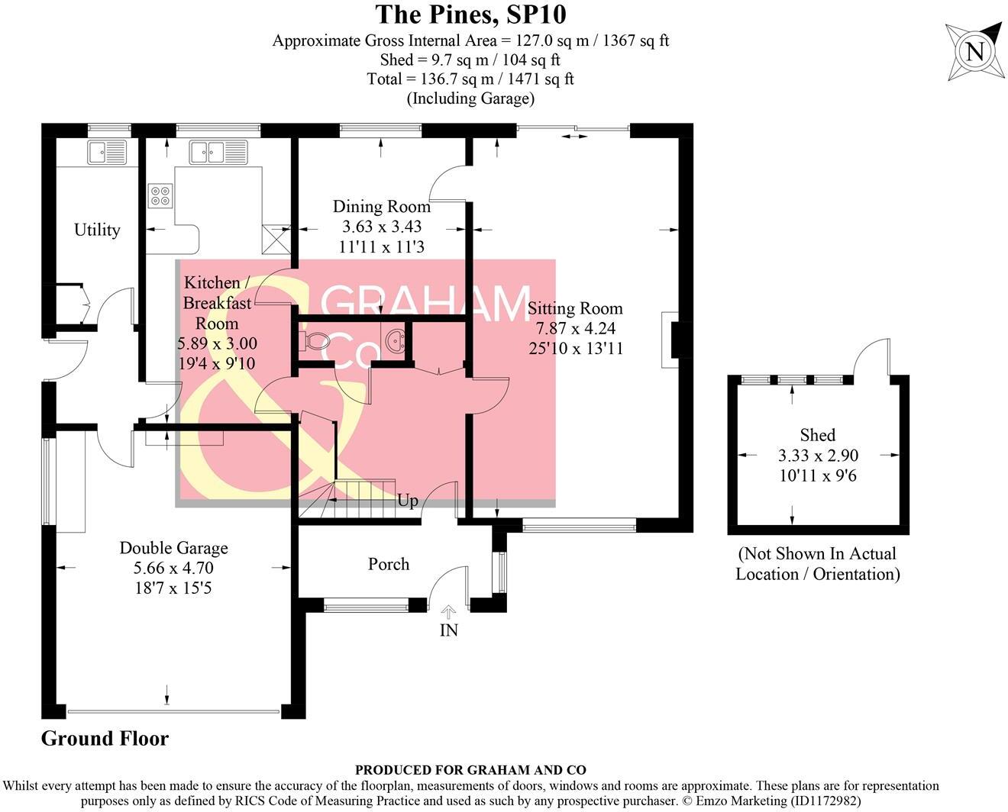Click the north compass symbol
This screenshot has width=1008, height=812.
[974, 52]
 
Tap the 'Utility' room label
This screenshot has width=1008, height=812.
[97, 230]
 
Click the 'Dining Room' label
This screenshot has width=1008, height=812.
[381, 206]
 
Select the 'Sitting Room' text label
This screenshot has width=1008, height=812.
[575, 308]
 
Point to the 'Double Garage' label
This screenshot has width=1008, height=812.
[173, 548]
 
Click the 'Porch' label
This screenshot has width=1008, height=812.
[389, 564]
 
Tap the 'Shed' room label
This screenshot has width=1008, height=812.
[817, 435]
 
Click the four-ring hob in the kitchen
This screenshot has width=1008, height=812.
[160, 196]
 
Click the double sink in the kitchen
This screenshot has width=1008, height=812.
[218, 152]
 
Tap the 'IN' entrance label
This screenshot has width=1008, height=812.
[449, 630]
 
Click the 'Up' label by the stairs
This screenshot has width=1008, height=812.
[408, 501]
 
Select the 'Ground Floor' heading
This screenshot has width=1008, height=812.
[105, 739]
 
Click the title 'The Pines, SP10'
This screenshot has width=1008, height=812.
[470, 14]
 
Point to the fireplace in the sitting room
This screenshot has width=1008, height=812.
[674, 340]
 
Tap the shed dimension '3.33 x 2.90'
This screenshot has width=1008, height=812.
[818, 456]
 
